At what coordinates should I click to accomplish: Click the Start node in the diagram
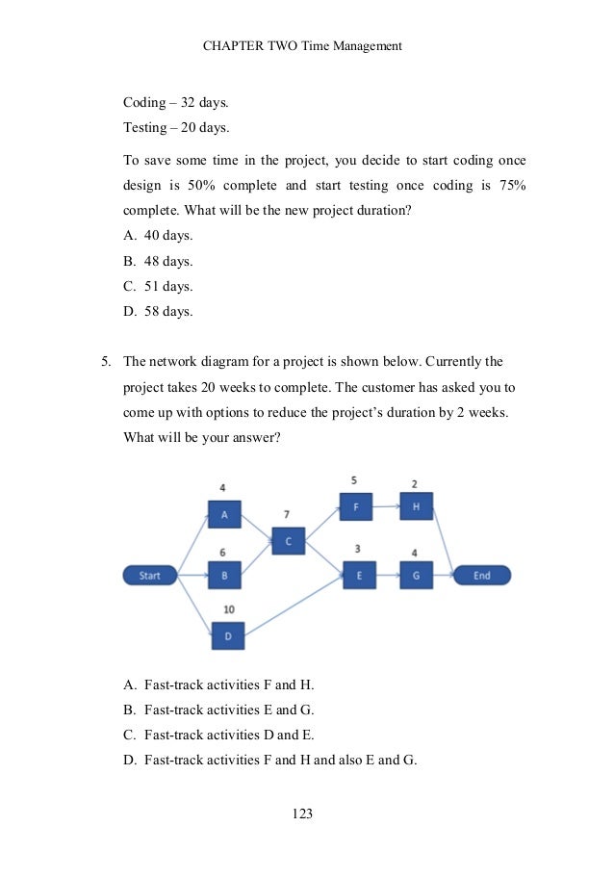coord(150,576)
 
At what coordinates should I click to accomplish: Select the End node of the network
coord(482,576)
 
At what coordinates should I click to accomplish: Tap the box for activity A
coord(224,515)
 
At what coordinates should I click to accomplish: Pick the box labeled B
coord(224,577)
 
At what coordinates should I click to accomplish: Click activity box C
coord(288,540)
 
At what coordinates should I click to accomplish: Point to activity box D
coord(228,635)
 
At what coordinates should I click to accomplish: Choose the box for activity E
coord(359,576)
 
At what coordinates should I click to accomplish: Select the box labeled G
coord(416,576)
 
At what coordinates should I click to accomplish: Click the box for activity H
coord(416,505)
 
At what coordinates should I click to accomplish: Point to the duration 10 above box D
coord(229,609)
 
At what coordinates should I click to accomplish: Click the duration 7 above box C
coord(287,515)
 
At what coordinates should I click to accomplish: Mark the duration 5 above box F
coord(354,478)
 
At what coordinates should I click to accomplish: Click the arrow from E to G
coord(387,576)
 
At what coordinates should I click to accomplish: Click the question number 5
coord(106,362)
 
